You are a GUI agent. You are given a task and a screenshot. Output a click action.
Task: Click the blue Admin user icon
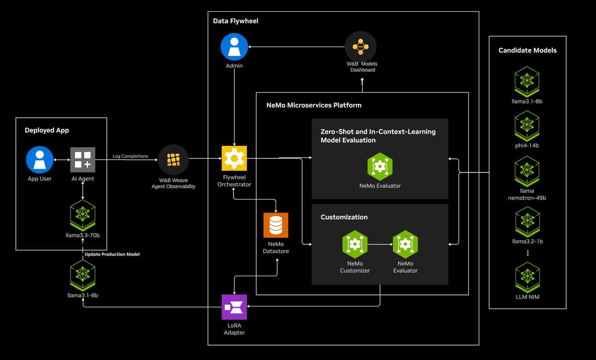(234, 47)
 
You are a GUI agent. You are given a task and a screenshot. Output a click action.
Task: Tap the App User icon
(40, 160)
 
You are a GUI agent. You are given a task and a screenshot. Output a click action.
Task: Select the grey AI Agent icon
(83, 160)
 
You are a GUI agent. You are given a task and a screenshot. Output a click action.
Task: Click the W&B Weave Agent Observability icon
(173, 160)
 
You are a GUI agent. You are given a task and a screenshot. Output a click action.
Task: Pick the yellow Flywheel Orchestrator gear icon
(234, 158)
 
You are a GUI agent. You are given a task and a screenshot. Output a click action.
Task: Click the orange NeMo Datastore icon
(276, 225)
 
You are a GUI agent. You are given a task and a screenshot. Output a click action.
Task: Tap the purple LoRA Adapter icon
(234, 307)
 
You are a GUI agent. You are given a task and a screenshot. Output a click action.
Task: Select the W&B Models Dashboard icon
(361, 47)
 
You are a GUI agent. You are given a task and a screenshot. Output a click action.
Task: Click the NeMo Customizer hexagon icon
(355, 244)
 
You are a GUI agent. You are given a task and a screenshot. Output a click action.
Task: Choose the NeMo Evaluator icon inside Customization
(405, 244)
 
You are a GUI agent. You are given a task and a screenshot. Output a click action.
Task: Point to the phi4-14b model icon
(527, 126)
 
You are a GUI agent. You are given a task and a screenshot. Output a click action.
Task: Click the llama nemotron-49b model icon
(527, 171)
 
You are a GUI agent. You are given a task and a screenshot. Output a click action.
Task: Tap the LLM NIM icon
(527, 277)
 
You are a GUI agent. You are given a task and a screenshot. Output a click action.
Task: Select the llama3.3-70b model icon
(83, 216)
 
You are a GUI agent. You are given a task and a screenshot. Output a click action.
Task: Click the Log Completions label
(130, 156)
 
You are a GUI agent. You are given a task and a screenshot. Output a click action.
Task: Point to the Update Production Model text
(112, 254)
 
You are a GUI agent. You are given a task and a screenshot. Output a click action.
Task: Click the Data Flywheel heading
(235, 21)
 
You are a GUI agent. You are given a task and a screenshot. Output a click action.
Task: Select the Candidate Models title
(527, 50)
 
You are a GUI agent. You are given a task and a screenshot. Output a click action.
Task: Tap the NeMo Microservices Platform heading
(314, 105)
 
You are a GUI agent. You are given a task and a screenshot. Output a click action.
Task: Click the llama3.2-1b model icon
(527, 222)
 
